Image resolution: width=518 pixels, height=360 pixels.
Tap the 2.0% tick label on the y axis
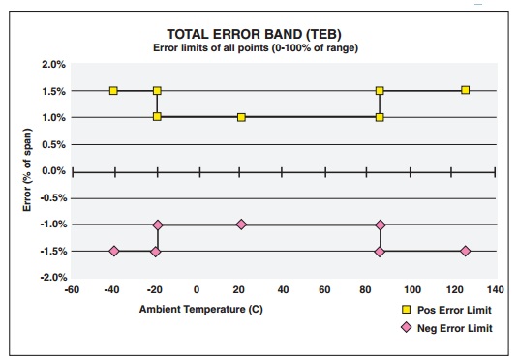[x=51, y=65]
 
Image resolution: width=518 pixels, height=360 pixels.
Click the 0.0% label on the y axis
[x=51, y=171]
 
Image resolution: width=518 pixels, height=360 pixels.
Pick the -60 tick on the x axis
[x=71, y=290]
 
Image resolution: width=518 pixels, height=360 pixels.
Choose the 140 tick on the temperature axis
[x=496, y=290]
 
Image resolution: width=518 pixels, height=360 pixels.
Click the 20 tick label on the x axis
[x=240, y=290]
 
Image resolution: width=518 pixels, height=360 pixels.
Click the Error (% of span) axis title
[x=28, y=172]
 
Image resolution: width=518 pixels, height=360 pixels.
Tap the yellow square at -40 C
[x=114, y=91]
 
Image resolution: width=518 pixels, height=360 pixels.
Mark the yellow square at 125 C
[x=466, y=90]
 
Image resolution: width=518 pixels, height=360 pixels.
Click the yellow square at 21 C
[x=241, y=117]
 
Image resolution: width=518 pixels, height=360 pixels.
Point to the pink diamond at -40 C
[x=114, y=251]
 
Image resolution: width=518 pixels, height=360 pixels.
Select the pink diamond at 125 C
[x=466, y=251]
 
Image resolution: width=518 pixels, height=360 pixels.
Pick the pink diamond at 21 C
[x=241, y=225]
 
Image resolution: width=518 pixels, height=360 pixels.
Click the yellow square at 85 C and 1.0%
[x=380, y=117]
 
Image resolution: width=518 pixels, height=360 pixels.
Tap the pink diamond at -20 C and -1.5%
[x=155, y=252]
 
